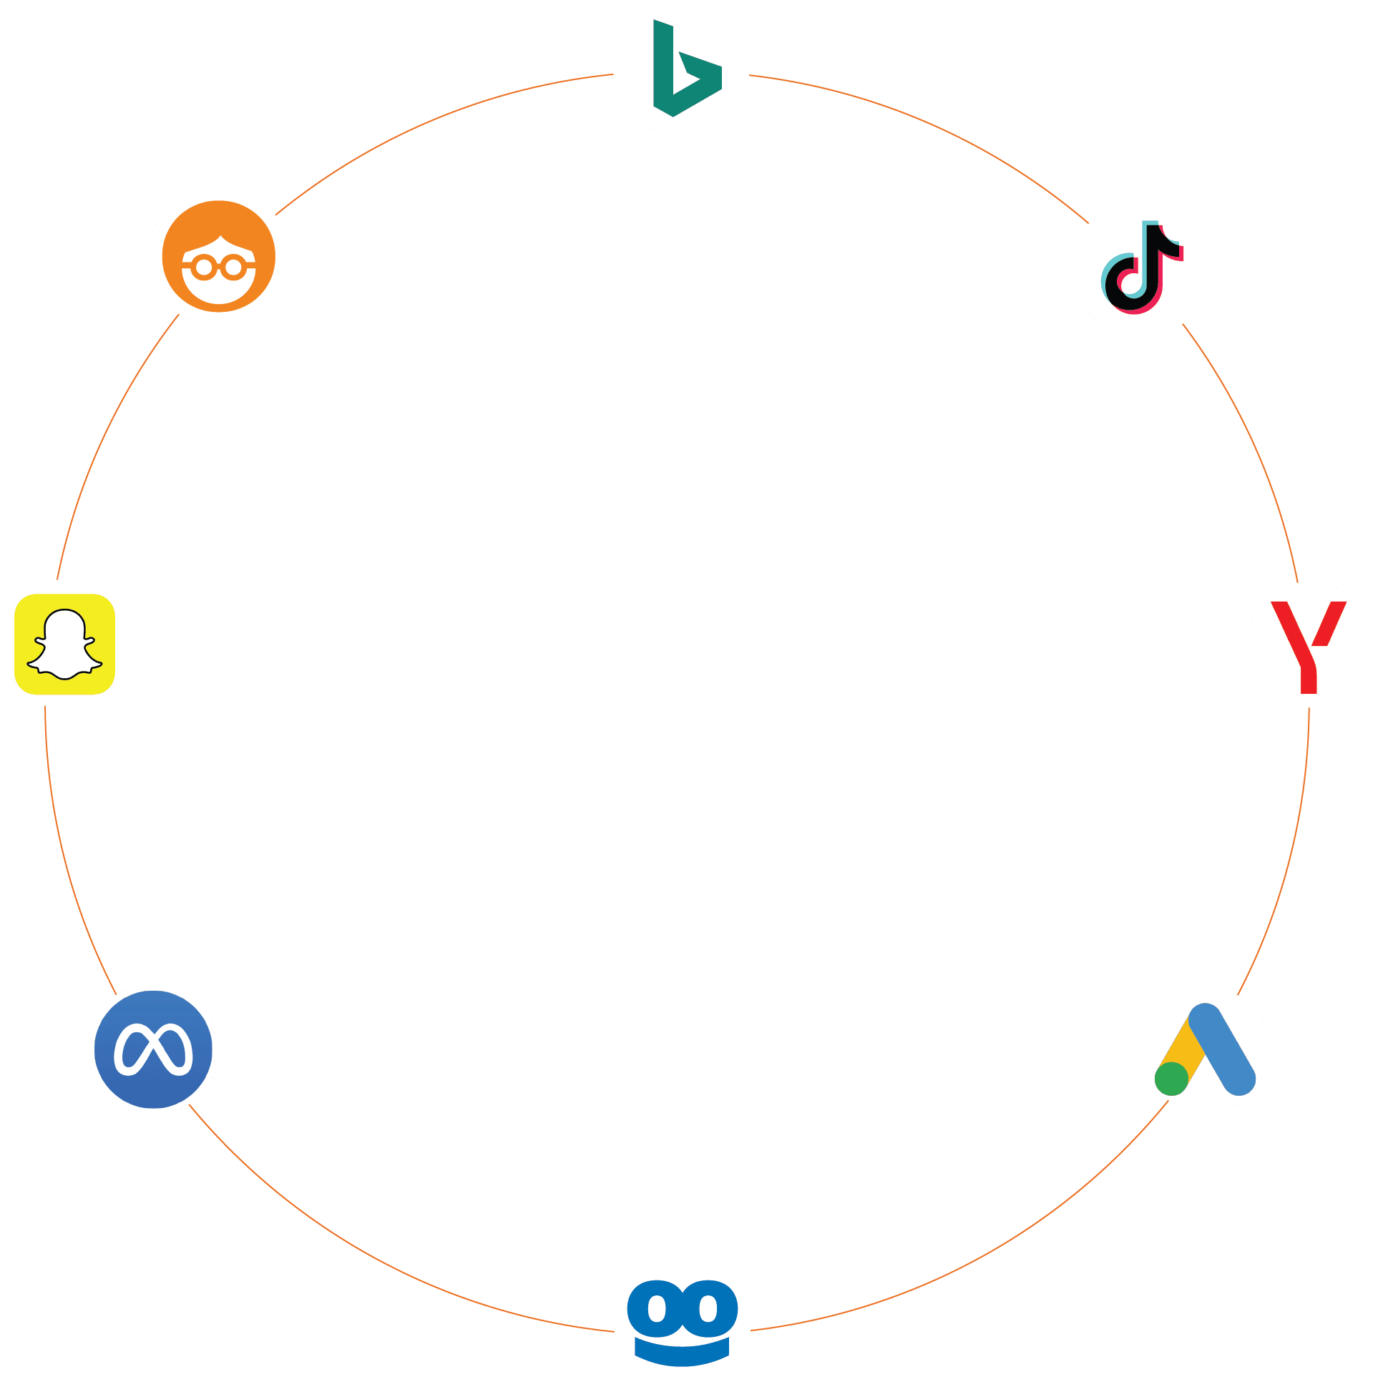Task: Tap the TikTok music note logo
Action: [x=1142, y=268]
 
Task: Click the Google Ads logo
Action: [x=1205, y=1049]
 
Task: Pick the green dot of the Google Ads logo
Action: [x=1171, y=1079]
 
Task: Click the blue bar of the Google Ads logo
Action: [x=1222, y=1049]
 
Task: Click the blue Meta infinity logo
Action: [x=154, y=1049]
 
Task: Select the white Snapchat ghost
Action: [x=65, y=644]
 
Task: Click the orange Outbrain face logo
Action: [x=218, y=257]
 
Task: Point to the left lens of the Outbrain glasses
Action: [x=204, y=268]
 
